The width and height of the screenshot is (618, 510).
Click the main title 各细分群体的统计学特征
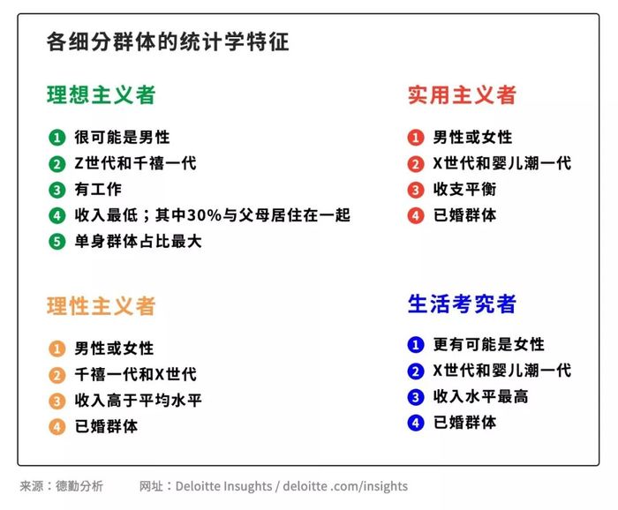point(168,41)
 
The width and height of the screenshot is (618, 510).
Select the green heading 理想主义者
point(102,95)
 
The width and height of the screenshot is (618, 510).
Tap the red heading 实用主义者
point(462,95)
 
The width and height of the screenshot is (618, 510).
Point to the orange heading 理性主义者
point(102,306)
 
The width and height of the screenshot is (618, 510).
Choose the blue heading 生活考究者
point(462,304)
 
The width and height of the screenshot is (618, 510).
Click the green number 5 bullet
point(57,242)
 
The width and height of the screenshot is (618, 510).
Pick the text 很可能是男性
point(122,138)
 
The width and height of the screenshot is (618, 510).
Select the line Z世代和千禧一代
point(136,163)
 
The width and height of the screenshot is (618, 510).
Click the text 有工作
point(98,190)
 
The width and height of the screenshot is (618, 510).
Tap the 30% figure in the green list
point(204,215)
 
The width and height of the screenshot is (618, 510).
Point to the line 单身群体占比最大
point(139,242)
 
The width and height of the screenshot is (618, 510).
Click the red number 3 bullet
point(416,190)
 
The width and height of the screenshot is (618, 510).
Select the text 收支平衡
point(464,190)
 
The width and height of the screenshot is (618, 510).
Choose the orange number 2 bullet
point(57,375)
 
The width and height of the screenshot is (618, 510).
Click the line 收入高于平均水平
point(139,401)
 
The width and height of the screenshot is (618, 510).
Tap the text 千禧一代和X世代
point(136,374)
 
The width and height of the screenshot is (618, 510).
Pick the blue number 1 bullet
point(416,345)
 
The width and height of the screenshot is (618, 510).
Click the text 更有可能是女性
point(489,345)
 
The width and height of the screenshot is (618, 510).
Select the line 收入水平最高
point(481,396)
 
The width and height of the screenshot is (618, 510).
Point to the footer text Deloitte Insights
point(223,486)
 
